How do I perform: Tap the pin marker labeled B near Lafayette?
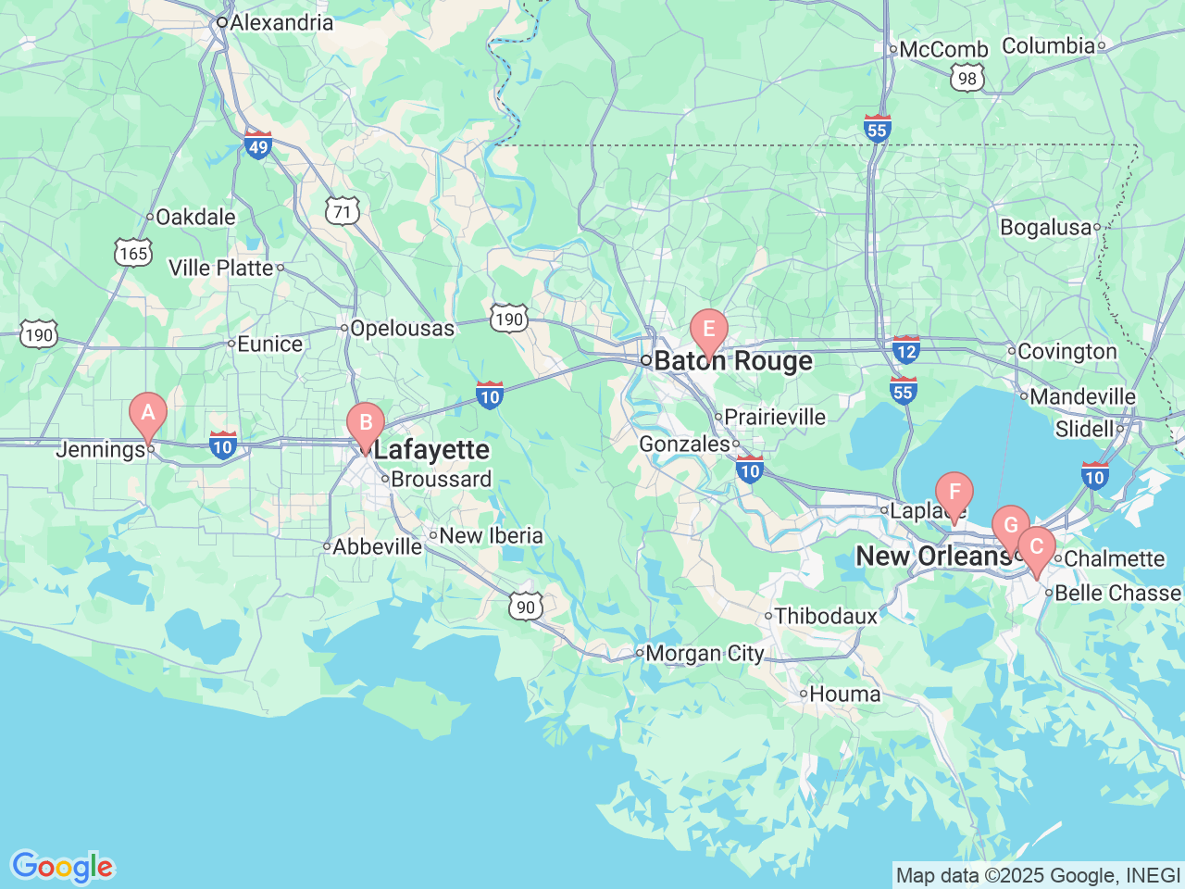point(366,424)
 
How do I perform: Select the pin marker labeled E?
point(709,330)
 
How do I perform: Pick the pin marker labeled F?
point(954,493)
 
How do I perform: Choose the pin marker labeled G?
point(1011,526)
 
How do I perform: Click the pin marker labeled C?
point(1037,547)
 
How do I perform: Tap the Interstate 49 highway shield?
point(258,145)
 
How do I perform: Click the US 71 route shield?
point(343,212)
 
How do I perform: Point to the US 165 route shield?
point(133,253)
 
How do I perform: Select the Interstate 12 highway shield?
point(906,350)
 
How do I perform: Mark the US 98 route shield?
point(967,79)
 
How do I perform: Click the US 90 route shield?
point(526,607)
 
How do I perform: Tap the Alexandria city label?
point(281,22)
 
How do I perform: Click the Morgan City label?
point(705,654)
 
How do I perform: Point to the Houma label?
point(845,694)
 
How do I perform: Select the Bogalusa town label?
point(1045,227)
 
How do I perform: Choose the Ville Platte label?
point(221,268)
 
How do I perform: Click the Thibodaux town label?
point(826,616)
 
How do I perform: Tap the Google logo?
point(61,868)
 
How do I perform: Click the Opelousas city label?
point(402,328)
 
